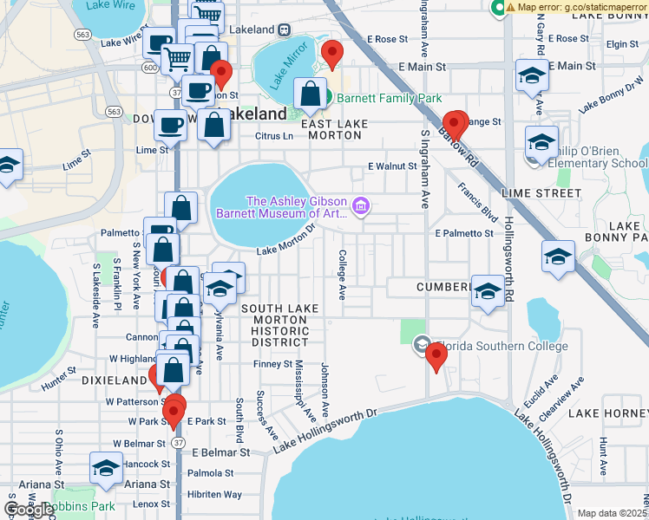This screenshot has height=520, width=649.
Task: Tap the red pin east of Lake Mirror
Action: (331, 55)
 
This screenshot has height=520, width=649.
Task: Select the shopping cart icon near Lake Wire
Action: (177, 60)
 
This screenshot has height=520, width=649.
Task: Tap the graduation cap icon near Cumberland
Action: (488, 292)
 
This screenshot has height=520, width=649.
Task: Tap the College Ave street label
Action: (342, 276)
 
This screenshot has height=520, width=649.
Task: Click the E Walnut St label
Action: (392, 166)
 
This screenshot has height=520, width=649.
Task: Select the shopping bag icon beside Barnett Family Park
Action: (310, 94)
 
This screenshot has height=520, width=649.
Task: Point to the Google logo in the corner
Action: (29, 510)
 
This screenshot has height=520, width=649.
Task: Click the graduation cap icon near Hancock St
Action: (106, 469)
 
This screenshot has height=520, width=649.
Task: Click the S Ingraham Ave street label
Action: (425, 170)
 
